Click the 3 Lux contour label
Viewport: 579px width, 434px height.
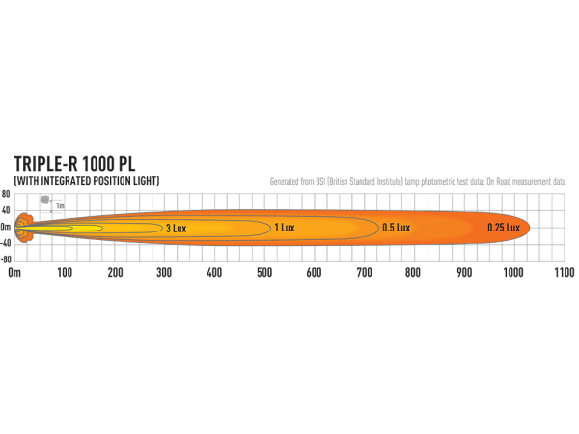[177, 229]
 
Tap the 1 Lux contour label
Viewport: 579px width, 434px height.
[285, 228]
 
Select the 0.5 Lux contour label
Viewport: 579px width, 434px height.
[397, 228]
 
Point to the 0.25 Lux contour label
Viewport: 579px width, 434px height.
[504, 228]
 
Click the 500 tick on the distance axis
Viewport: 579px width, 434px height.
[264, 273]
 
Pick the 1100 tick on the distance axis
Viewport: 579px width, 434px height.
[564, 273]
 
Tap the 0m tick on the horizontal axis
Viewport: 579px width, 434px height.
[14, 273]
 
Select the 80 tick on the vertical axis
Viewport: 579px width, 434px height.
[6, 194]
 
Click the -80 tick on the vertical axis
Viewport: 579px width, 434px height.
[6, 259]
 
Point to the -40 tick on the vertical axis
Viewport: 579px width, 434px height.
[6, 244]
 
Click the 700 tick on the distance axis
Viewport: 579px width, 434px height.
[365, 273]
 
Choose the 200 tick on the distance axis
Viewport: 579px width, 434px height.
[115, 273]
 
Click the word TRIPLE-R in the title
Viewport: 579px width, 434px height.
[46, 164]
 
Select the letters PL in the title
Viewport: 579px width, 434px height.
[126, 164]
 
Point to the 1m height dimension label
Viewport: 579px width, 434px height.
[60, 206]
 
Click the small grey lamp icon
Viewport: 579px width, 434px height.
[44, 200]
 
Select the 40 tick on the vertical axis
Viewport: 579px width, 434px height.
[6, 210]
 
